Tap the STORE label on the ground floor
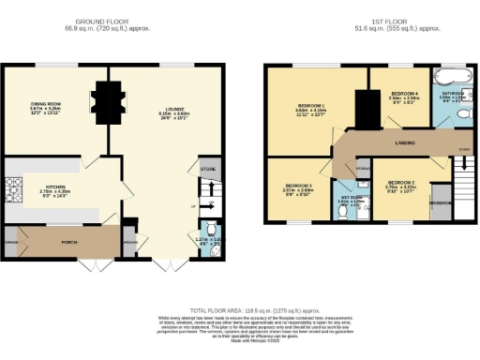point(207,169)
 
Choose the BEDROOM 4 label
point(403,95)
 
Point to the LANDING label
point(408,142)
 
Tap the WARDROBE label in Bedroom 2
point(440,202)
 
